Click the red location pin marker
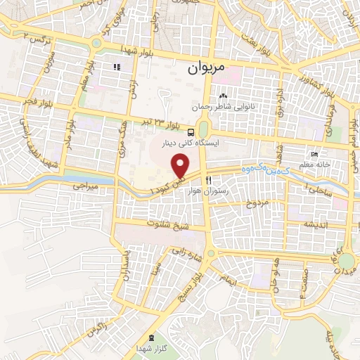pos(181,166)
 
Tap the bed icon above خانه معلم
pos(314,155)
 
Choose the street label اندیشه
pos(318,224)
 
